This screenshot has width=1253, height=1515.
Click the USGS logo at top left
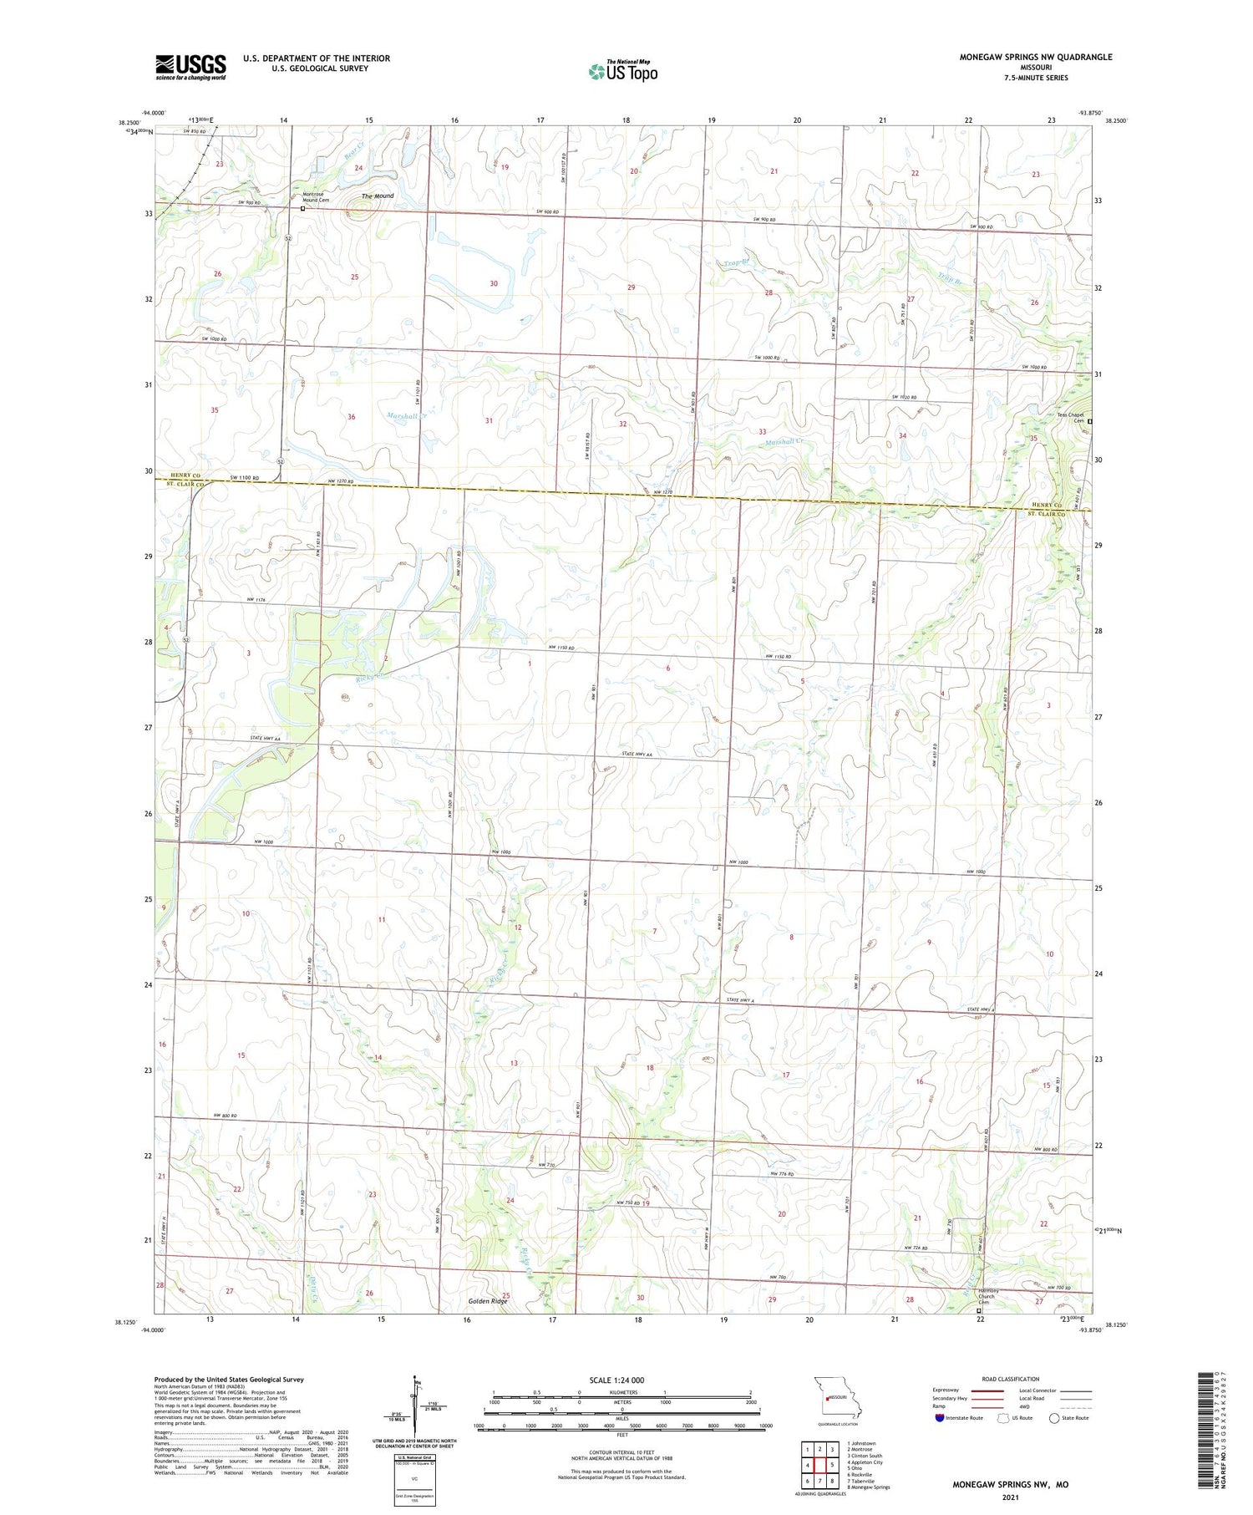click(190, 67)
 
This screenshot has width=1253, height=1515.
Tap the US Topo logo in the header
click(622, 72)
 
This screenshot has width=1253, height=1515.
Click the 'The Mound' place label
click(378, 196)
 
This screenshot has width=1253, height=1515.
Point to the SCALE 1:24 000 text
click(621, 1380)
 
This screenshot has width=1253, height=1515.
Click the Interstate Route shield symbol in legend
click(940, 1418)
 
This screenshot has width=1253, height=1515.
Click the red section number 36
click(352, 417)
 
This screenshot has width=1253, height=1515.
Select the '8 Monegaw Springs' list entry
click(868, 1487)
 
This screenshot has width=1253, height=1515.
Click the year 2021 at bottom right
click(1009, 1497)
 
